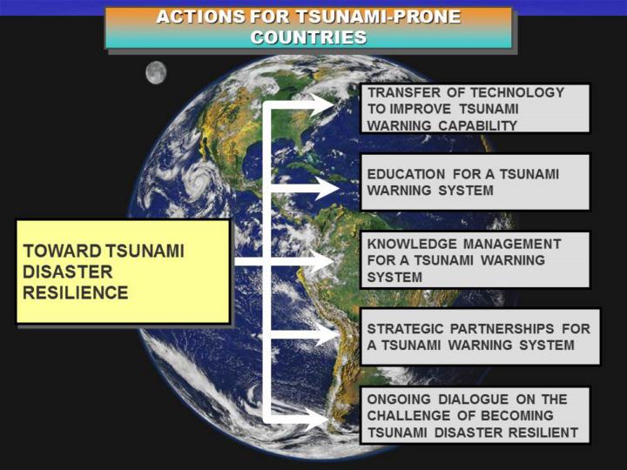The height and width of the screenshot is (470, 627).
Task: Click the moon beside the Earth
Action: pos(156,73)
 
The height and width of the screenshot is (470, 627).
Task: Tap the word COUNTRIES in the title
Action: pos(308,37)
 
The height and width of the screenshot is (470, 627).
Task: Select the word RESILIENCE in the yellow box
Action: pos(76,292)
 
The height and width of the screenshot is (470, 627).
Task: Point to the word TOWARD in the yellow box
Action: pos(62,251)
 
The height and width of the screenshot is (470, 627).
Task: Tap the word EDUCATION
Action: pos(406,174)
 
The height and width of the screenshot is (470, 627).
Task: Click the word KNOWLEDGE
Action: pos(411,244)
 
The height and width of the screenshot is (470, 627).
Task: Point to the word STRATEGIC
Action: pos(405,328)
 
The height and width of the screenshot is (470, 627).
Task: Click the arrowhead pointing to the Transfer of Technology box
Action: pos(323,105)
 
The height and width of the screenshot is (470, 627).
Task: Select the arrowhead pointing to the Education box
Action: pos(327,188)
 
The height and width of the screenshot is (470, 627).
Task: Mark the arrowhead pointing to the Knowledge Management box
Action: pos(322,262)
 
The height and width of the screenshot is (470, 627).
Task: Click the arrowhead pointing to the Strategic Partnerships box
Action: pos(327,334)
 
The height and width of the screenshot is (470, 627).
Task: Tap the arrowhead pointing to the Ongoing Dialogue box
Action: pos(317,420)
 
